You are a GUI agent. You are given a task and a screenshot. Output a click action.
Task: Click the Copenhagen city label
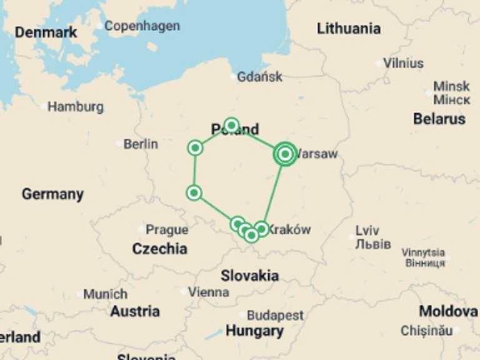coord(142,26)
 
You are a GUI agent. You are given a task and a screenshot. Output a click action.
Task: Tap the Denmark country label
coord(46,32)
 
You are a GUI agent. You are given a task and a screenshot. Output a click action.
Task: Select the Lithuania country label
coord(348,28)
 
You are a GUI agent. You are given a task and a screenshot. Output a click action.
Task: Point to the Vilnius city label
coord(403,63)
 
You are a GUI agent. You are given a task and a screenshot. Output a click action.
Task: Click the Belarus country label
coord(439,118)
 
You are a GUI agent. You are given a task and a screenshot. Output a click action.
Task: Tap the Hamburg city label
coord(75,107)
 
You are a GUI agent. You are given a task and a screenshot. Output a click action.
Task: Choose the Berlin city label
coord(140,144)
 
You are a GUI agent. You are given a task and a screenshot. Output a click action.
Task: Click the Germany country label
coord(52,194)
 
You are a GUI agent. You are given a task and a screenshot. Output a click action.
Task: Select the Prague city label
coord(167,229)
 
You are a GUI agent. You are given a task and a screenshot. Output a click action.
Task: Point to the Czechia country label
coord(159,249)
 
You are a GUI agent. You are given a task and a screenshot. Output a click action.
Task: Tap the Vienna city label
coord(208,292)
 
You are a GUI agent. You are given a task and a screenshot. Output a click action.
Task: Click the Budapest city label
coord(275,316)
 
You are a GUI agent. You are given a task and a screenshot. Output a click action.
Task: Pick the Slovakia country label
coord(249,275)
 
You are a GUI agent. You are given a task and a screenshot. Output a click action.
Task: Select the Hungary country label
coord(254,331)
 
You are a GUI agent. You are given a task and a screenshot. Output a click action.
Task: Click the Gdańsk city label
coord(259,77)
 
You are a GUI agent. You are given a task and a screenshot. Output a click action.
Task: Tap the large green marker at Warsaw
coord(285,153)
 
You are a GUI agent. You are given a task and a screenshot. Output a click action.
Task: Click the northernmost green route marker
coord(232,125)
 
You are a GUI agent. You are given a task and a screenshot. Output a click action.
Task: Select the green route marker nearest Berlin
coord(195,148)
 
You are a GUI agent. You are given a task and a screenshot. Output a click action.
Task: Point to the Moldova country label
coord(448,311)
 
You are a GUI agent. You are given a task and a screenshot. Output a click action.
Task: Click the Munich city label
coord(105,294)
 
